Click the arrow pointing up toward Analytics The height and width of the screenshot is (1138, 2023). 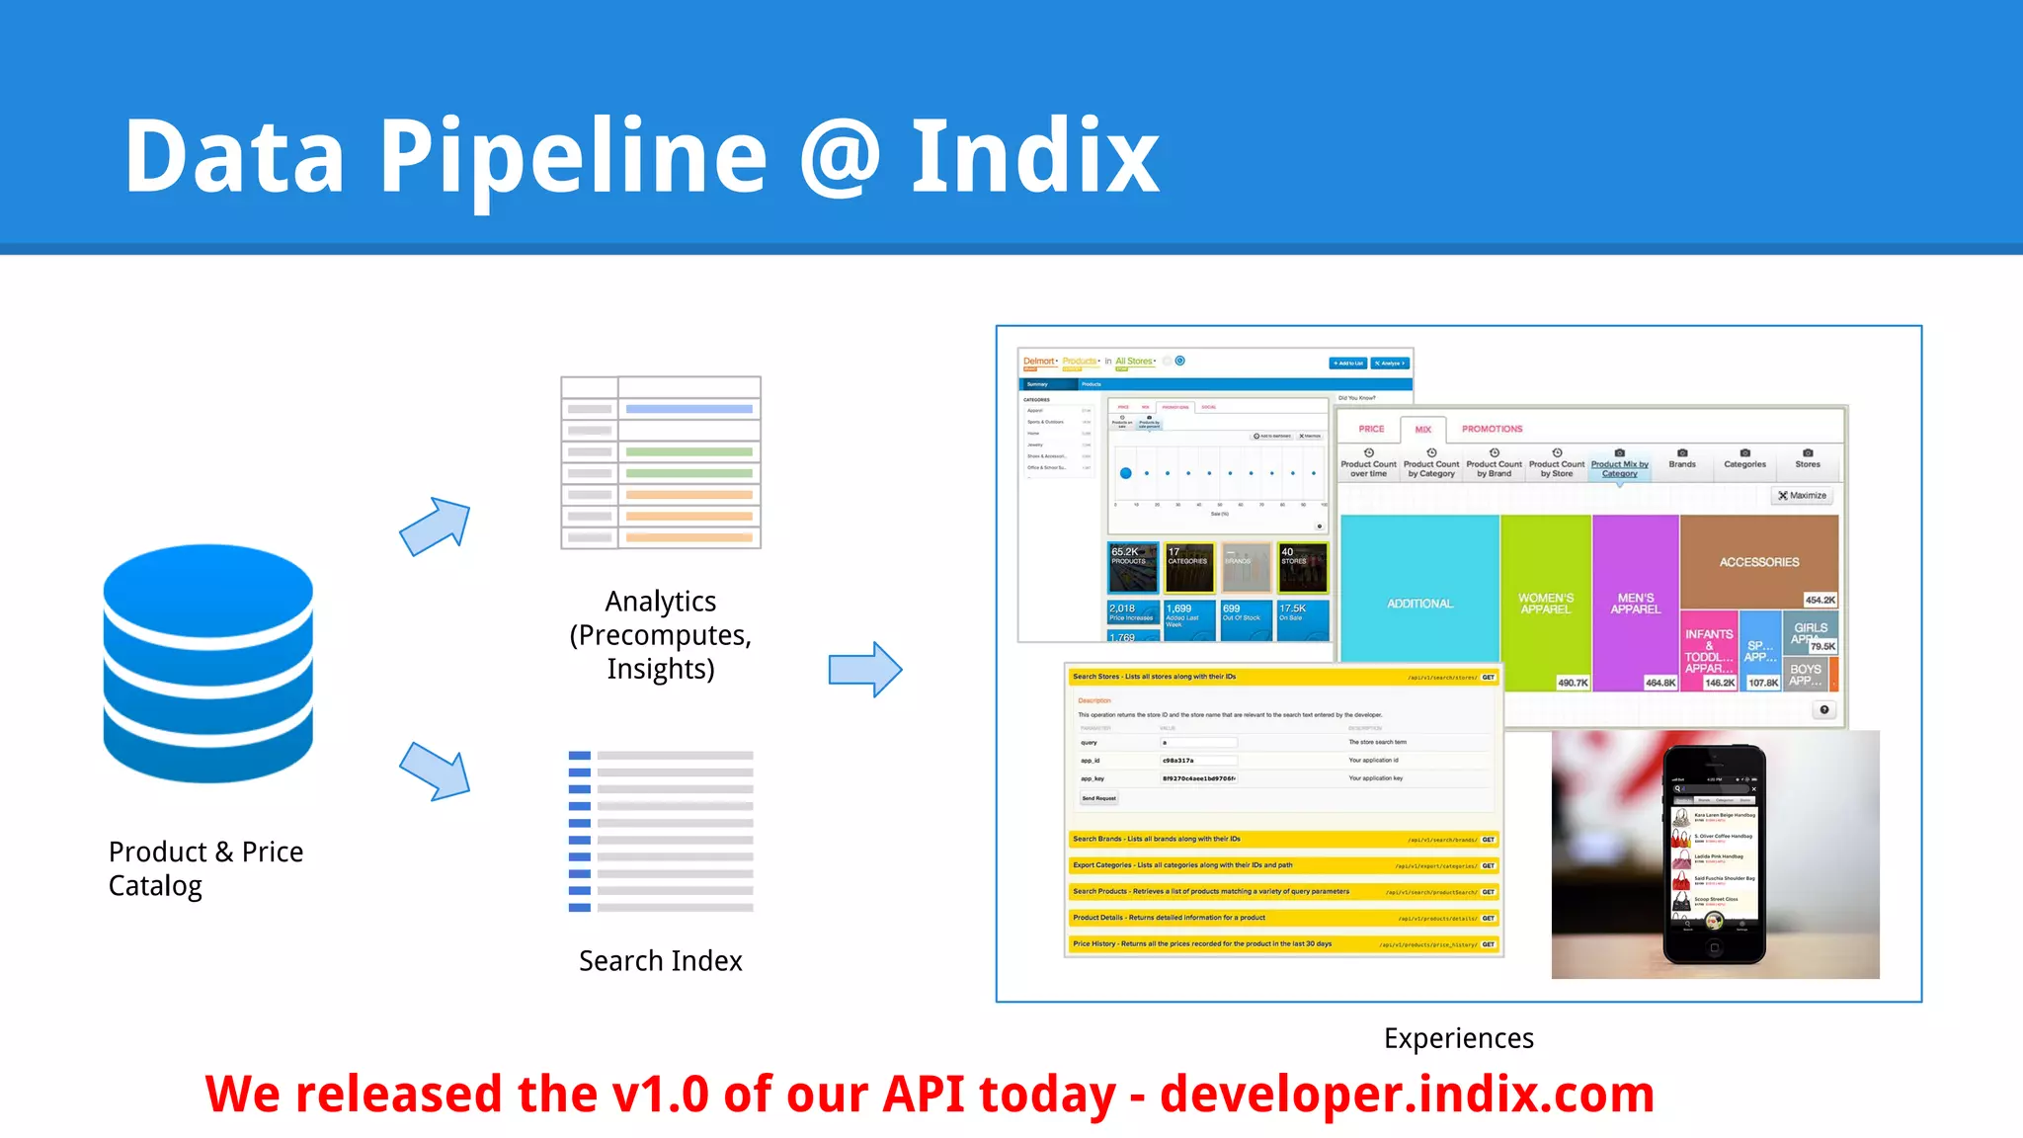coord(436,527)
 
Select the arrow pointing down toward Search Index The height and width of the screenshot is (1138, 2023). coord(436,772)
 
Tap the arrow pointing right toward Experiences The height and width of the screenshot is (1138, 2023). coord(865,670)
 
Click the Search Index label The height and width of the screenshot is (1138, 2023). coord(660,960)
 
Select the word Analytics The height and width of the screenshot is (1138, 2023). coord(660,601)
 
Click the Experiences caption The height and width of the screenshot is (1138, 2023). coord(1458,1038)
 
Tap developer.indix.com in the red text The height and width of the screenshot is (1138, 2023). coord(1407,1095)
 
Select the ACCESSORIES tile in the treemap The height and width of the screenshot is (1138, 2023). coord(1758,561)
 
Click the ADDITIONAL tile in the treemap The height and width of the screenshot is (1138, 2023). coord(1419,603)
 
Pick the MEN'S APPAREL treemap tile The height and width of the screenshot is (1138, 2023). coord(1635,603)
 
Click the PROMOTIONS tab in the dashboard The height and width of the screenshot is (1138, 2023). coord(1492,429)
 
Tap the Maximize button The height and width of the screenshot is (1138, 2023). coord(1803,496)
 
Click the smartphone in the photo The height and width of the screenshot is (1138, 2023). coord(1714,854)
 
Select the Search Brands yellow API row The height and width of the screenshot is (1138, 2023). coord(1282,840)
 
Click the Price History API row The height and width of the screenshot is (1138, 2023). coord(1282,944)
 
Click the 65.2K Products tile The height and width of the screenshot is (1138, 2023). coord(1132,566)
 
